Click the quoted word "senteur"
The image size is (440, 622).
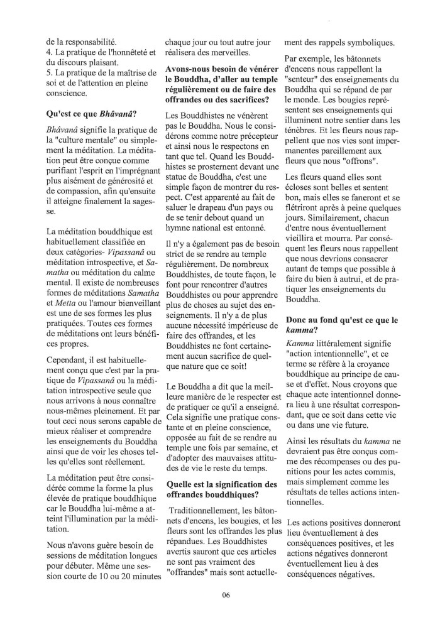tap(304, 82)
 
